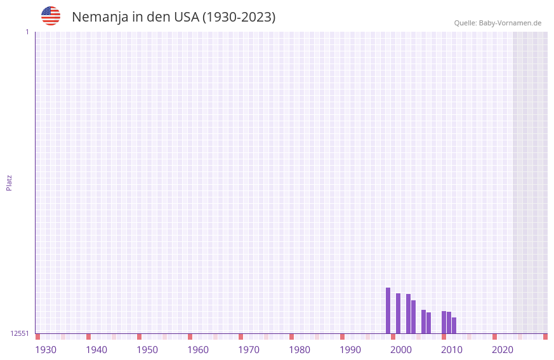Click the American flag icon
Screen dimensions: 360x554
coord(51,16)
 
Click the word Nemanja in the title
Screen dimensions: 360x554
coord(99,17)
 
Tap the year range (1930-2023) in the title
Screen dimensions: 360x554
coord(239,17)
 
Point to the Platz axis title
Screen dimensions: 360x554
coord(9,182)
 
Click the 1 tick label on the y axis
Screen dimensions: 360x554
coord(27,32)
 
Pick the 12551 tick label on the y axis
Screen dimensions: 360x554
coord(19,333)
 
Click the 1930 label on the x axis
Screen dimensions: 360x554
coord(46,350)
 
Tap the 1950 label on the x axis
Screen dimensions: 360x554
coord(147,350)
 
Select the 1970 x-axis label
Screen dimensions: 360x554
coord(249,350)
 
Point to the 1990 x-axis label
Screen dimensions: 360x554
coord(350,350)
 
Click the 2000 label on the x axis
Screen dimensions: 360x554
coord(401,350)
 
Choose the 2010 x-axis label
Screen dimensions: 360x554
coord(452,350)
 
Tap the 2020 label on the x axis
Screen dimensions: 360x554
coord(503,350)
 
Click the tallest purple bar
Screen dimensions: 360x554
coord(388,310)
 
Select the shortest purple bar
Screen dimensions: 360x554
coord(454,326)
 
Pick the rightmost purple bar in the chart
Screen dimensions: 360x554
coord(454,326)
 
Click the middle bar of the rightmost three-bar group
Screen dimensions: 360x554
coord(449,323)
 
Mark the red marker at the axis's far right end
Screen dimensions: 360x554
coord(545,337)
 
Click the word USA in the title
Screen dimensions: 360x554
coord(187,17)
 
